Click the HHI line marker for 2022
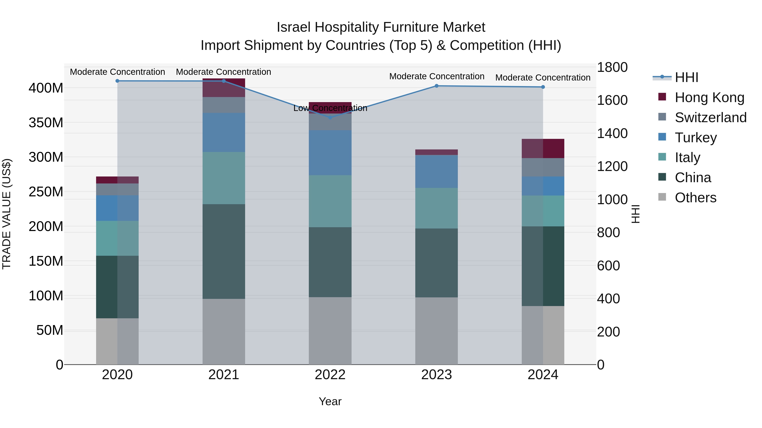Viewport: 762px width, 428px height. [x=330, y=117]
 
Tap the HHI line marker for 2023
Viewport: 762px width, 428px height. [x=436, y=86]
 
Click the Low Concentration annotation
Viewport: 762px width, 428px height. [x=330, y=108]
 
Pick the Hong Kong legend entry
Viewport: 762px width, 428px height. [x=709, y=97]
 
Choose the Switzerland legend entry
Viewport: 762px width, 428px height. [x=710, y=118]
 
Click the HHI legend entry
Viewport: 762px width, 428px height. [x=686, y=77]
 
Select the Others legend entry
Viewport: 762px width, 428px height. [x=695, y=198]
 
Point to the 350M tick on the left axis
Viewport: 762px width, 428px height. [x=46, y=123]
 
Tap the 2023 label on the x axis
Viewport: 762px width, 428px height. [x=436, y=375]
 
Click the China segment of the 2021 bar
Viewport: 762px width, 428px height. [x=224, y=251]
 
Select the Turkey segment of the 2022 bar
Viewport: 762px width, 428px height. [x=330, y=153]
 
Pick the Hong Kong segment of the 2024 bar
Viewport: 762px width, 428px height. [x=543, y=149]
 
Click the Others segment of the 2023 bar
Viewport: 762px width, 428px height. [x=436, y=331]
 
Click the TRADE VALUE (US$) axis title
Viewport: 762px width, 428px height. [x=7, y=214]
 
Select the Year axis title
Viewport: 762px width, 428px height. [x=330, y=401]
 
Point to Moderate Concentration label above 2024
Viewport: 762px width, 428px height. [x=543, y=78]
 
